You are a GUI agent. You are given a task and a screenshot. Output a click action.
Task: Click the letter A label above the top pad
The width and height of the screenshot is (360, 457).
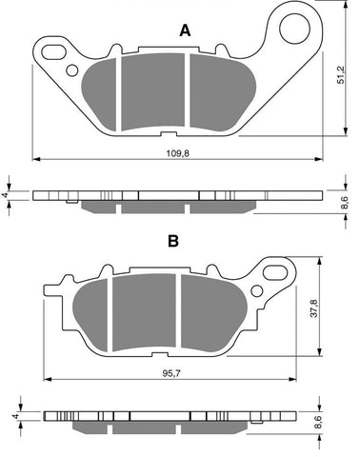pyautogui.click(x=185, y=30)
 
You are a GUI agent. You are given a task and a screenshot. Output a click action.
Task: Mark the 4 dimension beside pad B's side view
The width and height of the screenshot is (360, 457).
pyautogui.click(x=14, y=415)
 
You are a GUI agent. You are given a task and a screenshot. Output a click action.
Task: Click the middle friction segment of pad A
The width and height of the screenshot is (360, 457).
pyautogui.click(x=152, y=91)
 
